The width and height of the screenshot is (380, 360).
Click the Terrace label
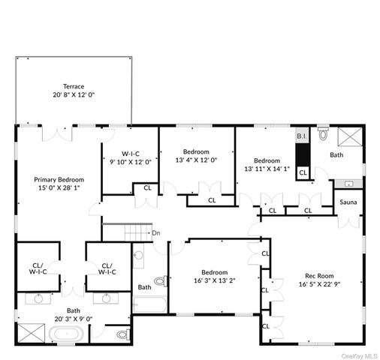tap(74, 86)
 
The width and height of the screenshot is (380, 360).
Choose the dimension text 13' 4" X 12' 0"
tap(196, 160)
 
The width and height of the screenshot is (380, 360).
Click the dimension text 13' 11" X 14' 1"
tap(267, 169)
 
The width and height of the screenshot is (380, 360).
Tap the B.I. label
tap(301, 136)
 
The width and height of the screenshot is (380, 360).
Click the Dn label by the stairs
tap(156, 233)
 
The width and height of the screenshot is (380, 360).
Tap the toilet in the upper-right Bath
tap(323, 134)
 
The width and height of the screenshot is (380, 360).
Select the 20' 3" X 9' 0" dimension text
tap(74, 319)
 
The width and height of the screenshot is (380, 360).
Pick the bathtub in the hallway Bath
tap(150, 304)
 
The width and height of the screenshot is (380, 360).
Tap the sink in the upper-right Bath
tap(348, 183)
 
